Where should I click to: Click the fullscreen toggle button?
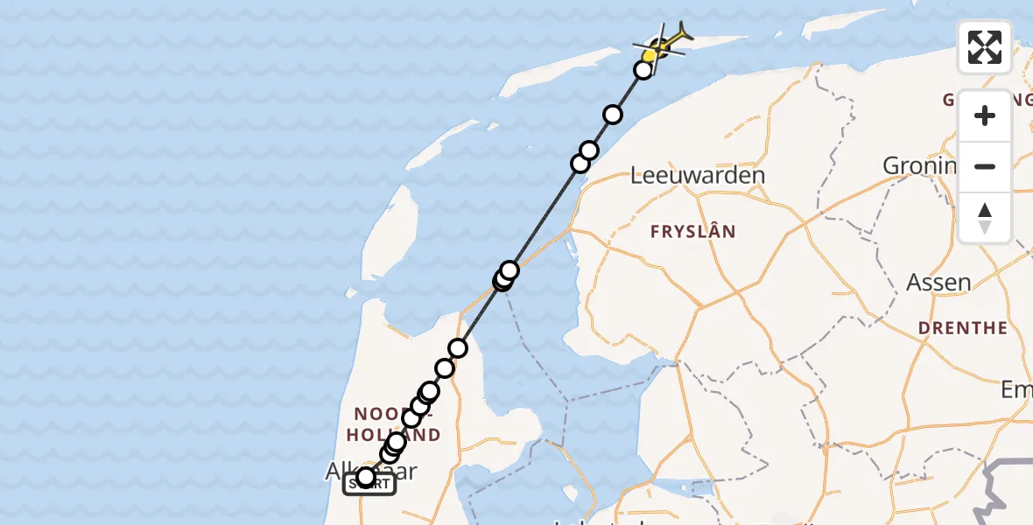(985, 47)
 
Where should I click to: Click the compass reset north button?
(985, 218)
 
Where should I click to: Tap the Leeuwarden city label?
(698, 174)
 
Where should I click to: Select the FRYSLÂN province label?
(692, 232)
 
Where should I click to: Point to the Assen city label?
(939, 283)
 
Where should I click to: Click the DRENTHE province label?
(962, 328)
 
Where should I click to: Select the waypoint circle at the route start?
(366, 478)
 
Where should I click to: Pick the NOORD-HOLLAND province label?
(397, 423)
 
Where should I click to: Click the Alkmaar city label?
(370, 471)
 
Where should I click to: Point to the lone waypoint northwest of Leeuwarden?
(613, 115)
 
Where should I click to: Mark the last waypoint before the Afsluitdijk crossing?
(458, 348)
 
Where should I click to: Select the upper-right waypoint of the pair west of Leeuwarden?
(589, 151)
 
